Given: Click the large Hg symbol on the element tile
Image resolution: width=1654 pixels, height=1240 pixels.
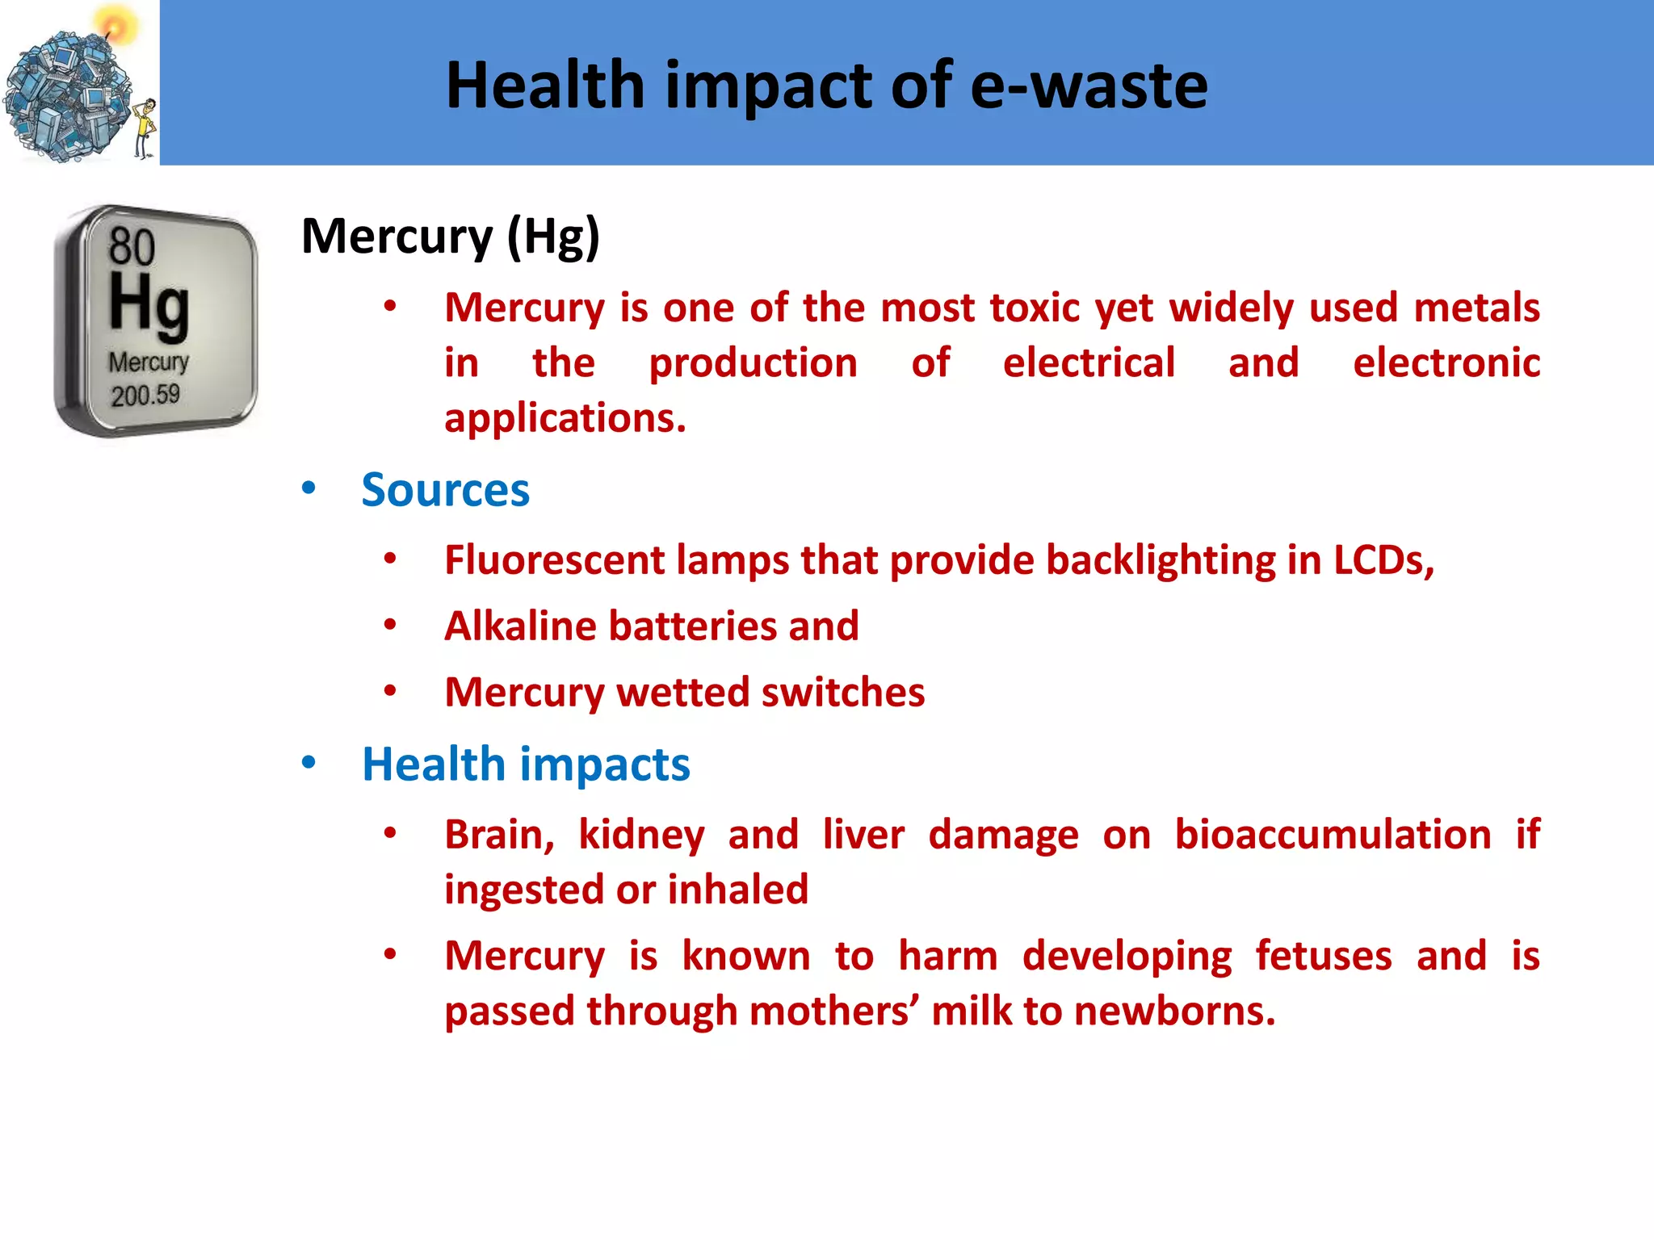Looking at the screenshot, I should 149,304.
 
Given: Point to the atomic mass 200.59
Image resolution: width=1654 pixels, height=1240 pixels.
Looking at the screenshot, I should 145,396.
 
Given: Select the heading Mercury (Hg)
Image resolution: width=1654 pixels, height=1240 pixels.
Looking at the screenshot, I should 450,237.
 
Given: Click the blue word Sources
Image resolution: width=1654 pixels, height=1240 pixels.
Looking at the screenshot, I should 445,490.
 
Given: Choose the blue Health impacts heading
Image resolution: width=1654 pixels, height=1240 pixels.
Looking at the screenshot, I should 526,765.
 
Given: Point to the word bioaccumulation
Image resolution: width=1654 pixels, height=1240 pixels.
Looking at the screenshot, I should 1333,835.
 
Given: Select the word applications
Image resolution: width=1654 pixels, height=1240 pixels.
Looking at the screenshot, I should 565,418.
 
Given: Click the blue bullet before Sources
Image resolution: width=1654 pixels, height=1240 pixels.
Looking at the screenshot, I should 309,488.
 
